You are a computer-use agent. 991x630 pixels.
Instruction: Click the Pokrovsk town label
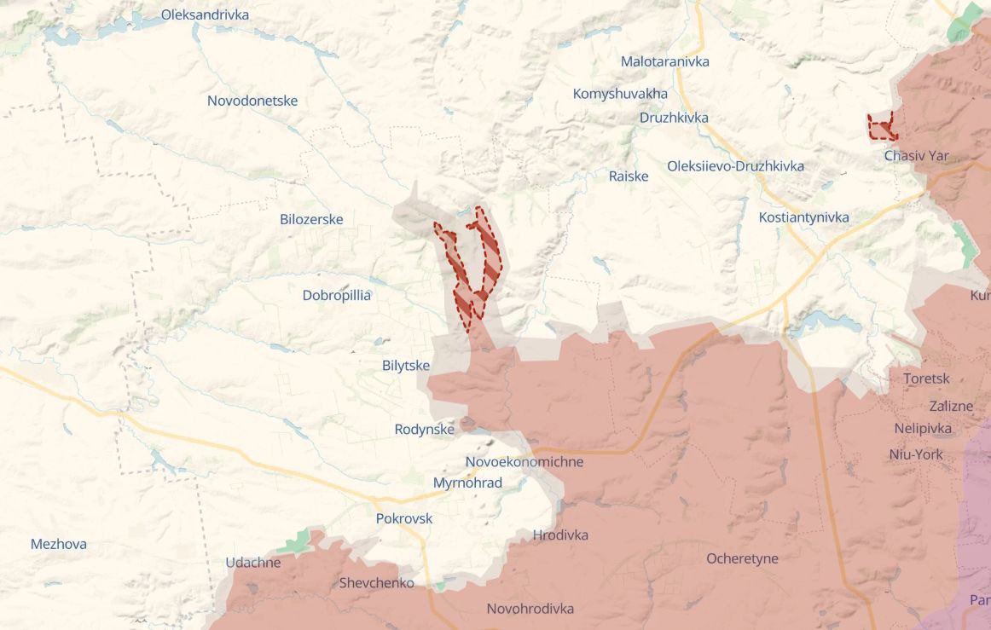[x=404, y=518]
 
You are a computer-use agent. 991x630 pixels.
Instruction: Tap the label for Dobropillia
[x=336, y=296]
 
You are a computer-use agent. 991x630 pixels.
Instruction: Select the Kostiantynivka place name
[x=803, y=217]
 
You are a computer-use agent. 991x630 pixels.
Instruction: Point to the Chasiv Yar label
[x=916, y=156]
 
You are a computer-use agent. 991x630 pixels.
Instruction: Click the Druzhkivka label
[x=674, y=118]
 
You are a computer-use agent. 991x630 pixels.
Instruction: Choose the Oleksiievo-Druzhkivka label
[x=735, y=166]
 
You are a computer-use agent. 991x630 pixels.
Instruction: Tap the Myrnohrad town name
[x=467, y=483]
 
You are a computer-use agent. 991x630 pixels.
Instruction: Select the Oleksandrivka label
[x=205, y=14]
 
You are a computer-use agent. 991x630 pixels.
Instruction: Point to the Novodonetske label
[x=252, y=101]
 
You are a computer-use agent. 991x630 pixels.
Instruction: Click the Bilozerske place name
[x=311, y=219]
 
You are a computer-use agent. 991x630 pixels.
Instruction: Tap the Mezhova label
[x=58, y=544]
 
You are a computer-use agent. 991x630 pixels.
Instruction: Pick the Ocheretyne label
[x=742, y=558]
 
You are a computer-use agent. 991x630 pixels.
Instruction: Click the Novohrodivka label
[x=530, y=609]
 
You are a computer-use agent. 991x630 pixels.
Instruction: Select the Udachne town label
[x=252, y=563]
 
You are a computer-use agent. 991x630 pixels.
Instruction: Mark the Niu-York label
[x=916, y=454]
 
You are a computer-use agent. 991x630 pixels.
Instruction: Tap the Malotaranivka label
[x=664, y=61]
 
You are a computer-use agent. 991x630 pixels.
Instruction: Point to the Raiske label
[x=628, y=176]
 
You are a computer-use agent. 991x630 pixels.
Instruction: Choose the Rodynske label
[x=424, y=430]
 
